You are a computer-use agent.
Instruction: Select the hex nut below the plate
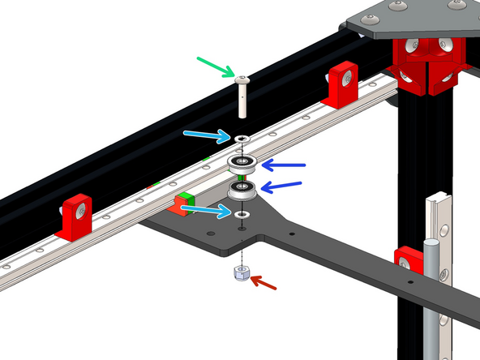(x=242, y=274)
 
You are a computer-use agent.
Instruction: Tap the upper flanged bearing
(x=242, y=165)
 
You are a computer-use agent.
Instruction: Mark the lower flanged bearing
(x=242, y=191)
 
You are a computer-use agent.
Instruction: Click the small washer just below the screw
(x=242, y=139)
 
